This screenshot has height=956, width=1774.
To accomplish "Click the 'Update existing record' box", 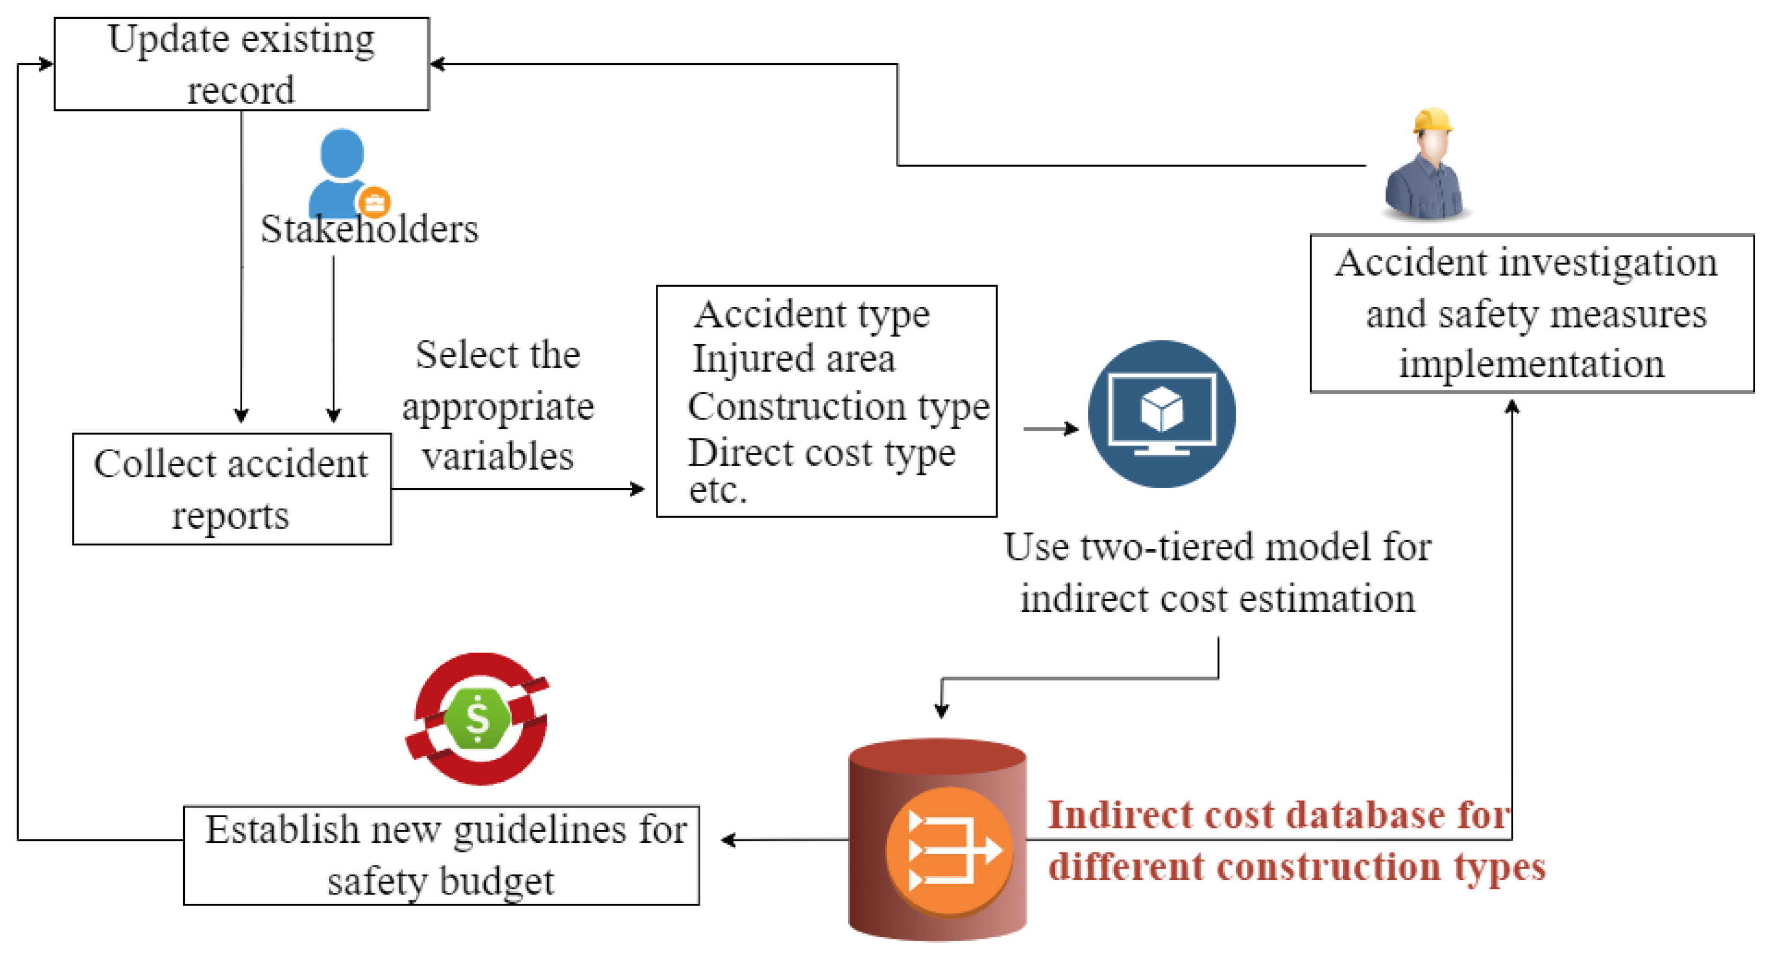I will [241, 64].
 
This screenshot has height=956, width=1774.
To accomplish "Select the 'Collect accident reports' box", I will [231, 489].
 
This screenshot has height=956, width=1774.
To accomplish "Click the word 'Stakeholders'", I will [369, 229].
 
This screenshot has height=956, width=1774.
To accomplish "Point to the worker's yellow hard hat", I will [1432, 120].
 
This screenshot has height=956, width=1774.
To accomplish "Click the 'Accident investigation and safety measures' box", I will [1532, 313].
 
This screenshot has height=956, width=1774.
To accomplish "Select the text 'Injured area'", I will [794, 359].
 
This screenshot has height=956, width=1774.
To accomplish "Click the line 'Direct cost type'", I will [821, 453].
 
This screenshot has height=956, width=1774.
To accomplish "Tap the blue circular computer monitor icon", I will [1162, 414].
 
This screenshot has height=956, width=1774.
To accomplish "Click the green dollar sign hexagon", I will [477, 719].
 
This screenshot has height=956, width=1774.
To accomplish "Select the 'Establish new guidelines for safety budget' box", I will [441, 855].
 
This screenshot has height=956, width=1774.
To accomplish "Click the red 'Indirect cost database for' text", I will [1278, 815].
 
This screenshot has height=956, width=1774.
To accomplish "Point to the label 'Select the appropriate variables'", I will [498, 406].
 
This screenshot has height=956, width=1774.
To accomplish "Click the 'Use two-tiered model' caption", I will [1217, 572].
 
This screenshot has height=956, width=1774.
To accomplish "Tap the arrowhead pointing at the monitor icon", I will [1072, 429].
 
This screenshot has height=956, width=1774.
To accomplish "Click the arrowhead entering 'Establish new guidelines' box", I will [729, 840].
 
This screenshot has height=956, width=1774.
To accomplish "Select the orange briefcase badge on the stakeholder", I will [374, 203].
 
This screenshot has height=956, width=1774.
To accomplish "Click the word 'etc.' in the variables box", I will [717, 491].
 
